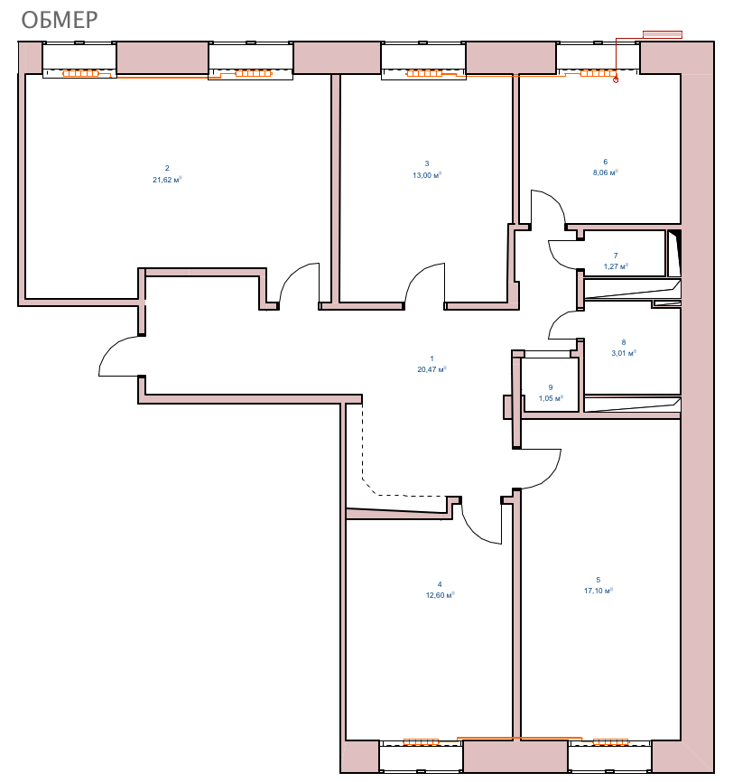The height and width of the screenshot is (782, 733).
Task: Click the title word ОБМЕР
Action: pyautogui.click(x=60, y=20)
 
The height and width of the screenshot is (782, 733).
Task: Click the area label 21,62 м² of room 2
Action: pyautogui.click(x=167, y=180)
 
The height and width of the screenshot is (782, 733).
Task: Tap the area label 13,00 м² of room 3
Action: pyautogui.click(x=427, y=175)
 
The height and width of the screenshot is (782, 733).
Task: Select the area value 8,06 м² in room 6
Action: pyautogui.click(x=606, y=172)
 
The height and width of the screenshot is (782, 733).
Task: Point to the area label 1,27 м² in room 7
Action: pyautogui.click(x=616, y=266)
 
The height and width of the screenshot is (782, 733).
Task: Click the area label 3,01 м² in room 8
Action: pyautogui.click(x=624, y=353)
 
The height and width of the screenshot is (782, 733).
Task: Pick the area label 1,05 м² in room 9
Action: pyautogui.click(x=551, y=398)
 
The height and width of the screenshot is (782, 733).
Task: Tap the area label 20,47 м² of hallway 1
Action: pyautogui.click(x=431, y=369)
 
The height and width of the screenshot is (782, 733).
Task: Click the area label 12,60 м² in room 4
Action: pyautogui.click(x=440, y=595)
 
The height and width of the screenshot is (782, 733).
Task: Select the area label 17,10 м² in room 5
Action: pyautogui.click(x=598, y=591)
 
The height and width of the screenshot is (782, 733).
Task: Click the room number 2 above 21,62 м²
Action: pyautogui.click(x=167, y=169)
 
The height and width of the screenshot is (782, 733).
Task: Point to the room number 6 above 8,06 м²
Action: pyautogui.click(x=606, y=162)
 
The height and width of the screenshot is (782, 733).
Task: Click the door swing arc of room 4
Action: pyautogui.click(x=474, y=532)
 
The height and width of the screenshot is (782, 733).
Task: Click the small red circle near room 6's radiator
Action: pyautogui.click(x=616, y=79)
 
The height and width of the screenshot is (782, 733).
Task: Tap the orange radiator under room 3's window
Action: pyautogui.click(x=424, y=74)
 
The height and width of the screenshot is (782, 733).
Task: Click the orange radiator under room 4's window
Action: pyautogui.click(x=421, y=742)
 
